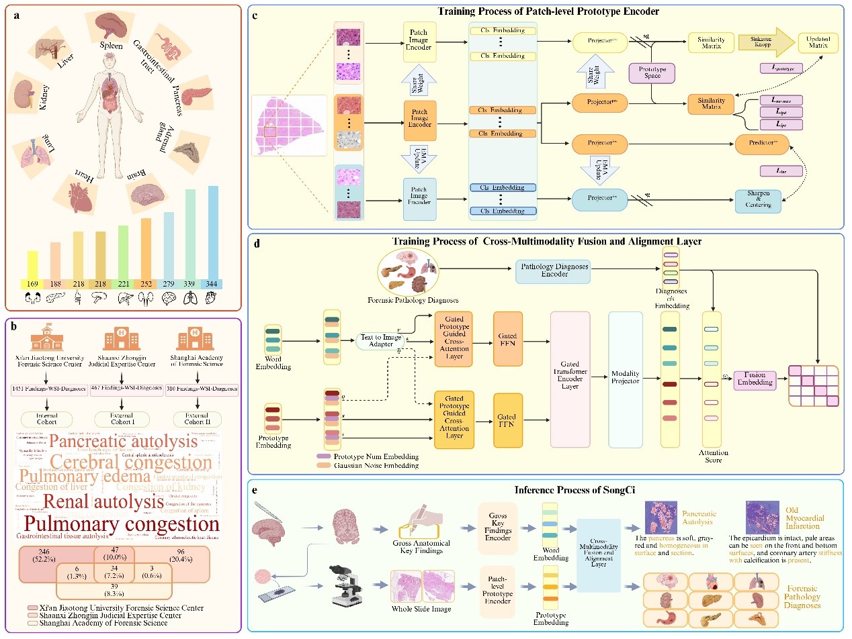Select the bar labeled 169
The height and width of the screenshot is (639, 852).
pyautogui.click(x=32, y=265)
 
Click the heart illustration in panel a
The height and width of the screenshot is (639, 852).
pyautogui.click(x=78, y=191)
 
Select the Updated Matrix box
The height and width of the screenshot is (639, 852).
pyautogui.click(x=818, y=44)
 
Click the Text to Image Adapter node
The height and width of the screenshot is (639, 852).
pyautogui.click(x=380, y=341)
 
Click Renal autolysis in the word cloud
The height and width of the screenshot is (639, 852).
pyautogui.click(x=103, y=501)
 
